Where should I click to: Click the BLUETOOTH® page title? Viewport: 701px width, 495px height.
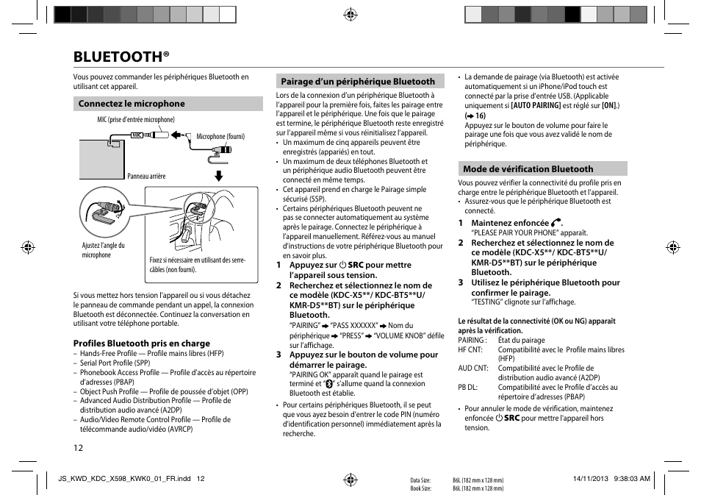(x=121, y=57)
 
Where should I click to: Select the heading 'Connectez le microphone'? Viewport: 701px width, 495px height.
(x=132, y=104)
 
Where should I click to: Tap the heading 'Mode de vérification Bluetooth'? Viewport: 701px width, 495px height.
(x=528, y=169)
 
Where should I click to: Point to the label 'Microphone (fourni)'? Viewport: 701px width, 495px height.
(x=220, y=137)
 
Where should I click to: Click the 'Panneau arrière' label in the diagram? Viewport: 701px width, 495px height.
(x=146, y=177)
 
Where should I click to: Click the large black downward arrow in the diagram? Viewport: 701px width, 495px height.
(x=218, y=175)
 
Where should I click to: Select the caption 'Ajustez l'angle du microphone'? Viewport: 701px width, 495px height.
(x=103, y=251)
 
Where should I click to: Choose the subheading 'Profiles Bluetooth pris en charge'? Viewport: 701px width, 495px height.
(x=141, y=343)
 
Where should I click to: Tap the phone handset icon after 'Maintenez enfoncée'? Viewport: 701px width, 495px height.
(x=556, y=223)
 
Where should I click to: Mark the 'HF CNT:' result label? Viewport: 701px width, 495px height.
(x=470, y=350)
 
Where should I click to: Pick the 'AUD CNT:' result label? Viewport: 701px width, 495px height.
(x=472, y=368)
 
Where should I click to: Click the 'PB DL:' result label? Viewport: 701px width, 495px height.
(x=468, y=388)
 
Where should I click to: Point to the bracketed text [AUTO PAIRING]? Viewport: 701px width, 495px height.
(x=536, y=106)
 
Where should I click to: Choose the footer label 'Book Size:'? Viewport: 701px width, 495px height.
(x=420, y=488)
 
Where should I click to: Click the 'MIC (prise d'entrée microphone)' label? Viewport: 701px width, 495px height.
(x=136, y=120)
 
